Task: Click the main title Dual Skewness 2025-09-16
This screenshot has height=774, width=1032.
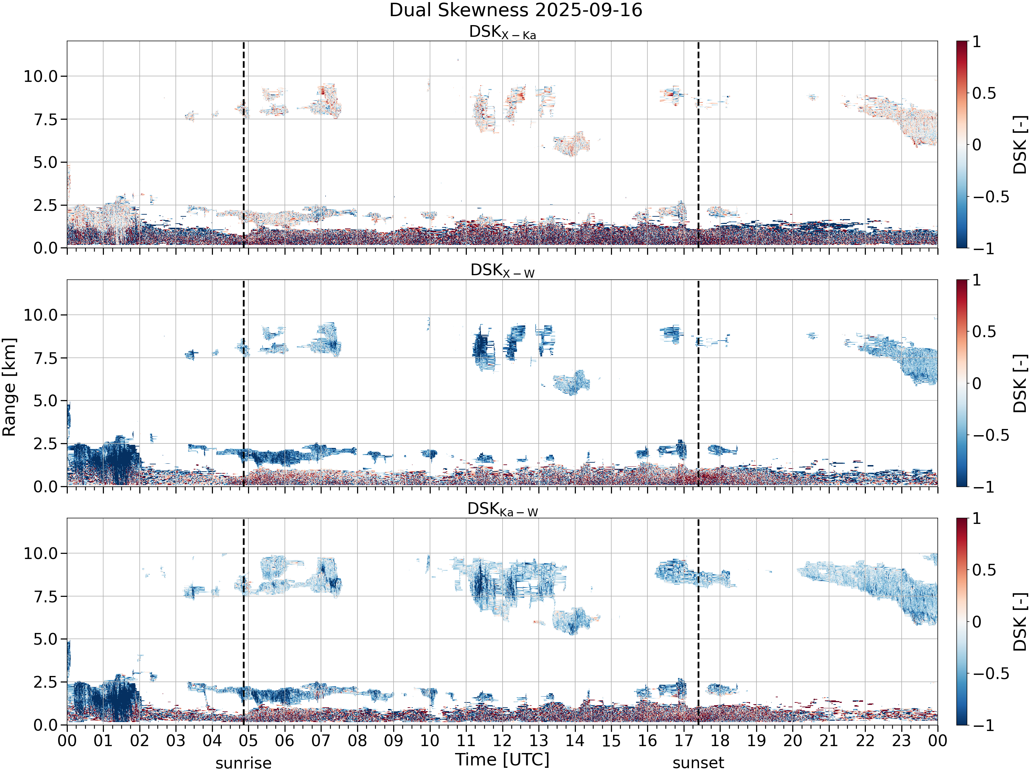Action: [516, 10]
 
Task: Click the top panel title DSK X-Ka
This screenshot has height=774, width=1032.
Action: [503, 32]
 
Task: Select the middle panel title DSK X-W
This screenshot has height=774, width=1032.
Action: [503, 271]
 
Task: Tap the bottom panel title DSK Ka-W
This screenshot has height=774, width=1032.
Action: [503, 509]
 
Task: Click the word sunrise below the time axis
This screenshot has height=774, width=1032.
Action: [243, 763]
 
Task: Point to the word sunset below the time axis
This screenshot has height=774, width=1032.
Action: [698, 763]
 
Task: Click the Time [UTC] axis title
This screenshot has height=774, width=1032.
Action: [503, 760]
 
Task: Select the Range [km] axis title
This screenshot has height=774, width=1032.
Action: [9, 387]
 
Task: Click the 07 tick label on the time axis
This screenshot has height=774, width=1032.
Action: [321, 740]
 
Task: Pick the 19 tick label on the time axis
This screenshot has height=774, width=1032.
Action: [756, 740]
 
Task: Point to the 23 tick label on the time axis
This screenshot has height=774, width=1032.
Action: [901, 740]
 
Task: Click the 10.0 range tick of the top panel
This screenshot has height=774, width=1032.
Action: [41, 76]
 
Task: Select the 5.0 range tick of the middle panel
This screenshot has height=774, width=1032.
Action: [46, 401]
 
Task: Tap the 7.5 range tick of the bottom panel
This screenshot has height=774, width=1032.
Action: [46, 596]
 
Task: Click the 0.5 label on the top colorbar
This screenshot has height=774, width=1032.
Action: [984, 93]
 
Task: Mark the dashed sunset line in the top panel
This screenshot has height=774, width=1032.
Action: [698, 144]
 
